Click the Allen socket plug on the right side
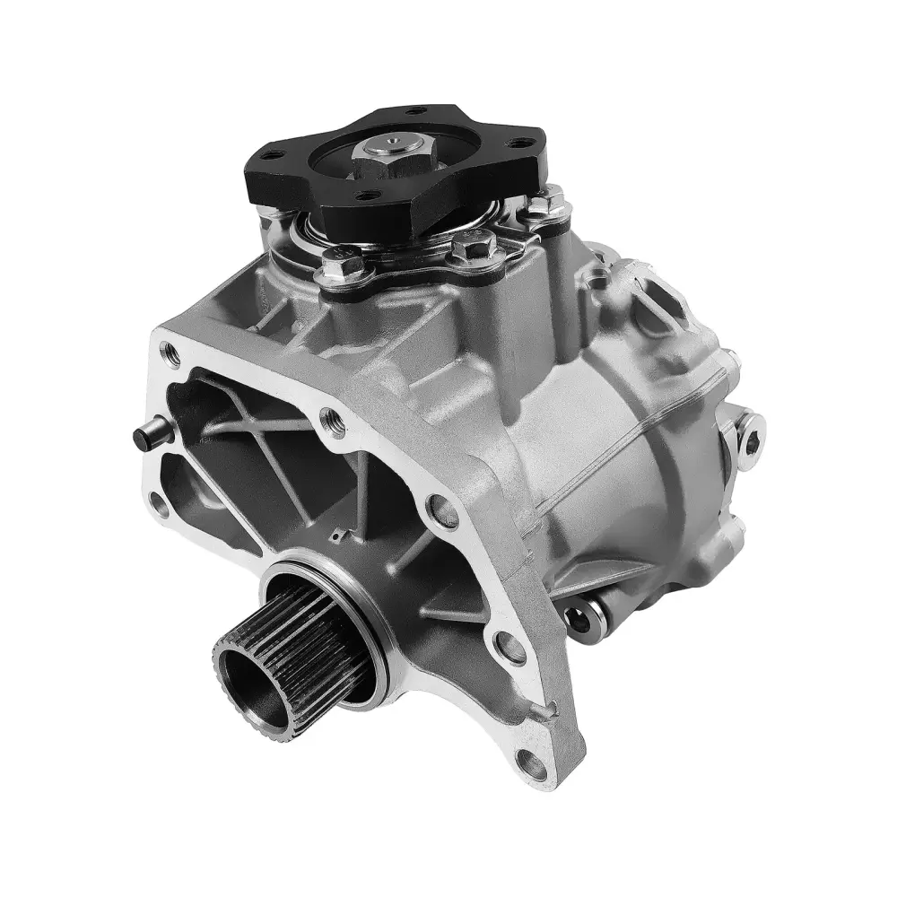click(749, 438)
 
